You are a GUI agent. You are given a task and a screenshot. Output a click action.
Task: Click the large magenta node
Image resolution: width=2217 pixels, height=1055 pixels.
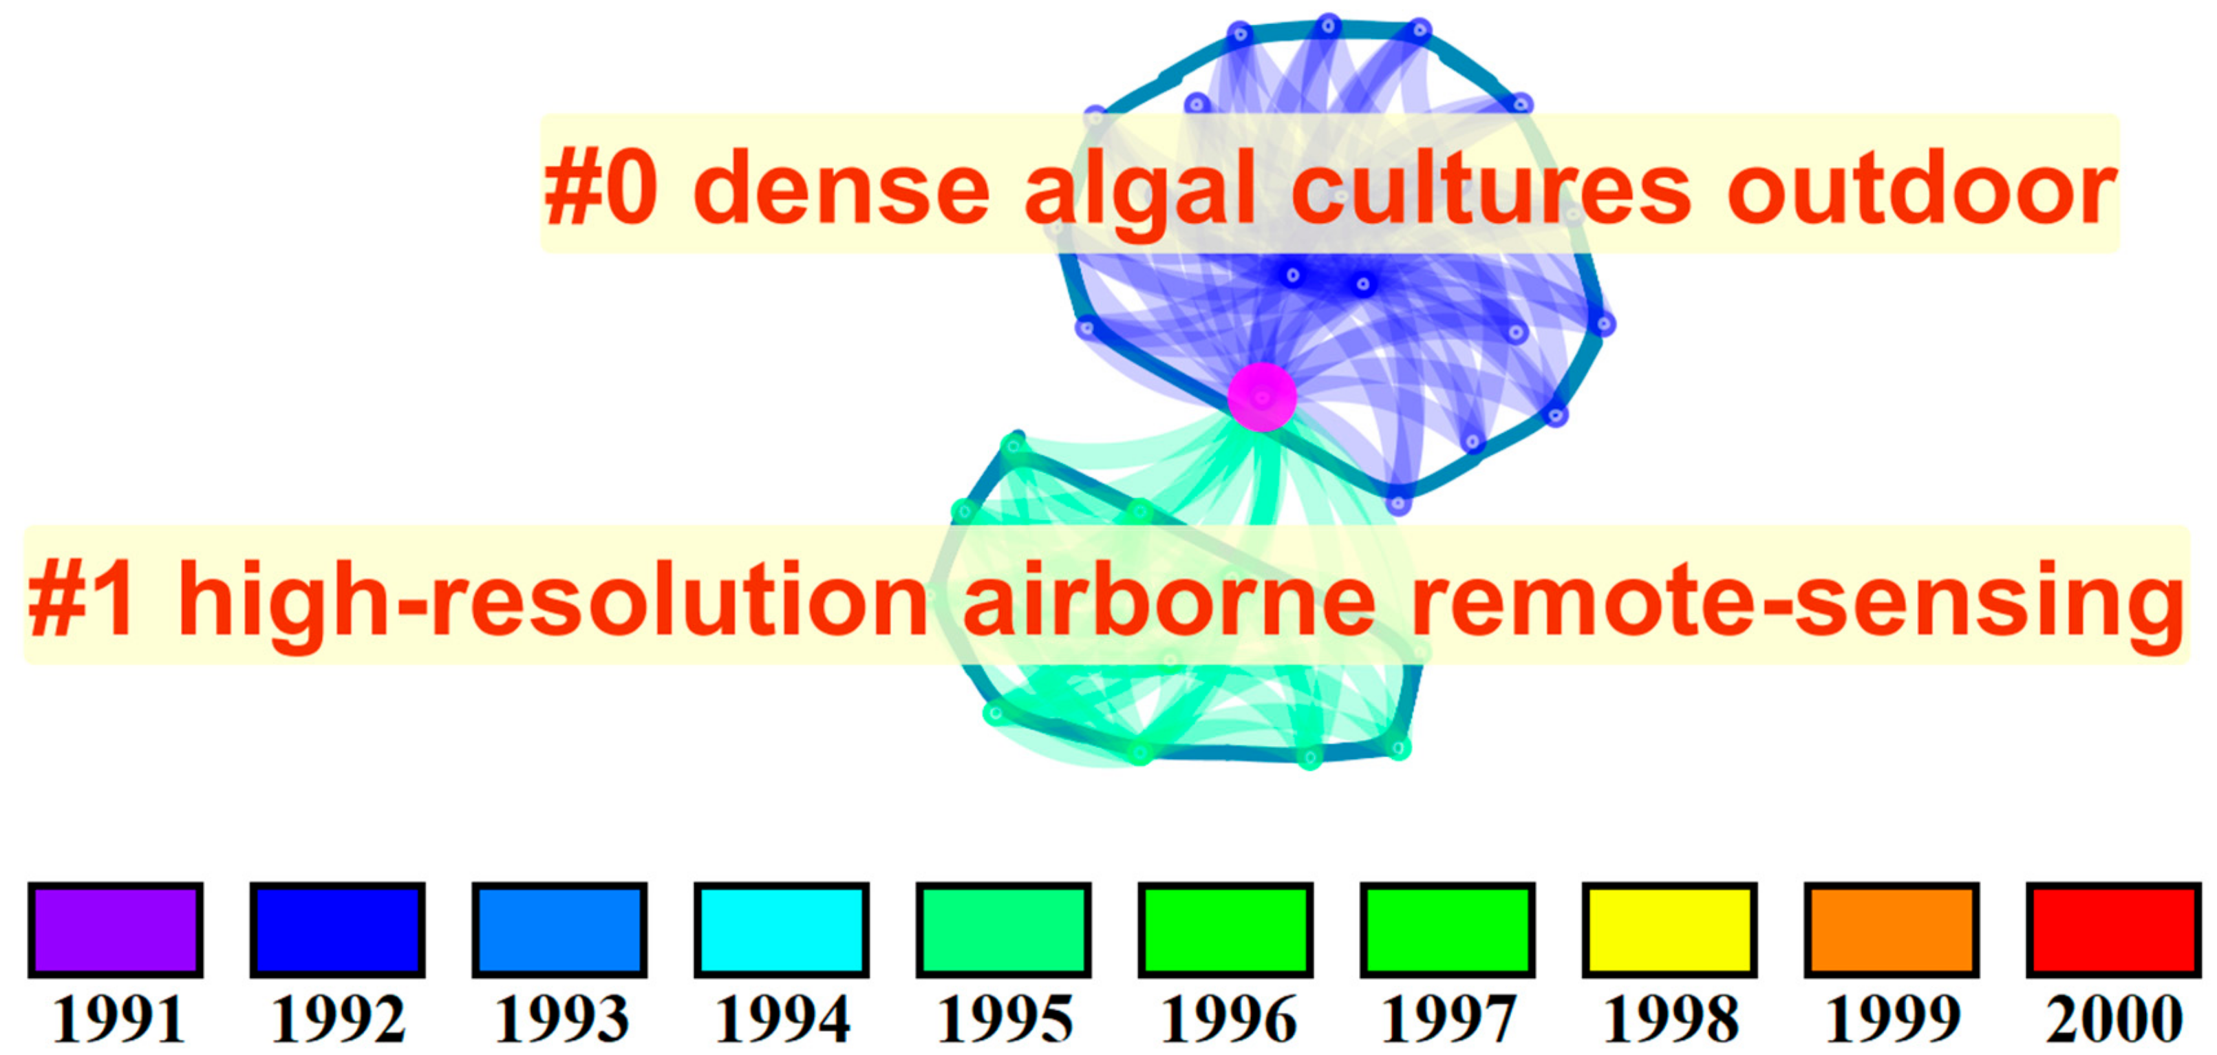point(1262,396)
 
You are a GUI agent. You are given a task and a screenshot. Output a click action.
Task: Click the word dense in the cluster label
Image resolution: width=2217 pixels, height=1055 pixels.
point(841,189)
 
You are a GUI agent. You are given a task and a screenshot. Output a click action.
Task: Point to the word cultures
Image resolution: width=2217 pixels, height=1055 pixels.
point(1492,189)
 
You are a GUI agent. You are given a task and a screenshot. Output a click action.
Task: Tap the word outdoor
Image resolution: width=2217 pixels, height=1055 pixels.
point(1922,189)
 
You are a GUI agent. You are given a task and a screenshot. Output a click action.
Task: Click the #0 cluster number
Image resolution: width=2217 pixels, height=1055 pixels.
point(601,189)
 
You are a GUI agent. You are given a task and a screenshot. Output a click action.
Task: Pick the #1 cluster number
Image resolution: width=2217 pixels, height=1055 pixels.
point(82,599)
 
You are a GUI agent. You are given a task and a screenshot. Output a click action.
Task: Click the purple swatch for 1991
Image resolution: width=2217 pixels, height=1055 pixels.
point(116,929)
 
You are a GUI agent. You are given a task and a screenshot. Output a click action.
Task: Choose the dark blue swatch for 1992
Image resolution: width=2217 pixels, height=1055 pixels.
point(337,929)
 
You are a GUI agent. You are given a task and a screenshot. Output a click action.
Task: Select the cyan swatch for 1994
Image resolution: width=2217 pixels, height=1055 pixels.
point(782,929)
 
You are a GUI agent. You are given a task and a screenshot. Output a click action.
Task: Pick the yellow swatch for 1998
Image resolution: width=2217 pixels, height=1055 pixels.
point(1670,929)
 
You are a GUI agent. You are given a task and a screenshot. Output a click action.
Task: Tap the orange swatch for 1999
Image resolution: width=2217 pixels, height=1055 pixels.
point(1892,929)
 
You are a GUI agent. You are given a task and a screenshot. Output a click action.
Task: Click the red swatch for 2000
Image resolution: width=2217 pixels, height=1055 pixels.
point(2114,929)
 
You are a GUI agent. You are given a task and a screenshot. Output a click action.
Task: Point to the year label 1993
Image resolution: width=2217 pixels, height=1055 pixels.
point(561,1020)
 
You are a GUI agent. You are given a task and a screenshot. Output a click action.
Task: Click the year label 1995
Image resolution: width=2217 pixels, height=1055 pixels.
point(1005,1020)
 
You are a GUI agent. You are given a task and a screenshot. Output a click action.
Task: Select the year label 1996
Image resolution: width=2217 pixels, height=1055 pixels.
point(1228,1020)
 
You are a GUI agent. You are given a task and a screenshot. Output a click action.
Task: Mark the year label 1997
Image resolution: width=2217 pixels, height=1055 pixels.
point(1448,1020)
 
